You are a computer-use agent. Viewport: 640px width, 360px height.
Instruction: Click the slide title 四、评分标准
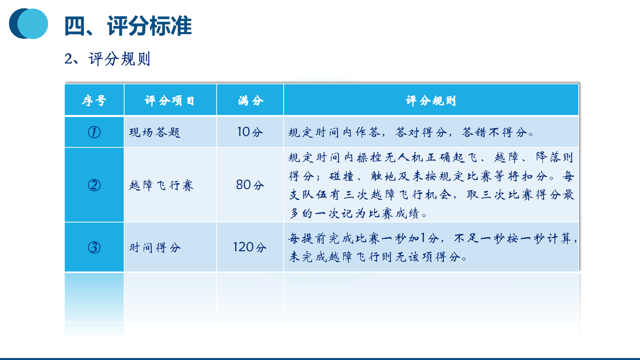click(128, 26)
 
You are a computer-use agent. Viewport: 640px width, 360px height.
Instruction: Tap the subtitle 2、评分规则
click(107, 59)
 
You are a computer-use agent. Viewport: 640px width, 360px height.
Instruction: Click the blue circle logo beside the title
click(29, 24)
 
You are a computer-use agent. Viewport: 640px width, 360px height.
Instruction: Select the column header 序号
click(94, 100)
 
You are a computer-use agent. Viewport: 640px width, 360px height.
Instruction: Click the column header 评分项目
click(170, 100)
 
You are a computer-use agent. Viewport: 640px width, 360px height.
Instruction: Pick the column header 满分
click(251, 100)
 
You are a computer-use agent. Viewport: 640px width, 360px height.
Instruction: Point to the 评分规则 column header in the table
click(431, 100)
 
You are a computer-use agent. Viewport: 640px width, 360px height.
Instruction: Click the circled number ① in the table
click(94, 132)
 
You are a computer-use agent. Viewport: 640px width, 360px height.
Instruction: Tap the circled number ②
click(94, 185)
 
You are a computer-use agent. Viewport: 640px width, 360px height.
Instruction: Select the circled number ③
click(94, 247)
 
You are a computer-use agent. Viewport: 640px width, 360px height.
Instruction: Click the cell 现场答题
click(155, 132)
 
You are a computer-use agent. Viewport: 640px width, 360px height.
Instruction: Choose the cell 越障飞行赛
click(161, 185)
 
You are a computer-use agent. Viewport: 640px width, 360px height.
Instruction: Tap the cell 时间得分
click(155, 248)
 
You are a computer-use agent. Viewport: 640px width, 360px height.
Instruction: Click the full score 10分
click(250, 132)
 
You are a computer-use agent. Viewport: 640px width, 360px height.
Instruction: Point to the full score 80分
click(250, 185)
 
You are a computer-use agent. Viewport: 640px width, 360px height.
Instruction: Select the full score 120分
click(250, 247)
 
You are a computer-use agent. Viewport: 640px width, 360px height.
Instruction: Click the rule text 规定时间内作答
click(334, 132)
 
